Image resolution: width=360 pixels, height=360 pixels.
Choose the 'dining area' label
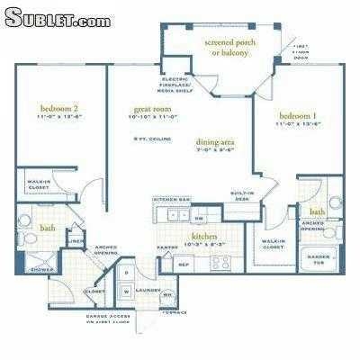pyautogui.click(x=215, y=142)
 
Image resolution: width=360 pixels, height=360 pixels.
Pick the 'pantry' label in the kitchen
pyautogui.click(x=166, y=247)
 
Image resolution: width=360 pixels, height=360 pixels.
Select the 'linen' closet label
pyautogui.click(x=77, y=240)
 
